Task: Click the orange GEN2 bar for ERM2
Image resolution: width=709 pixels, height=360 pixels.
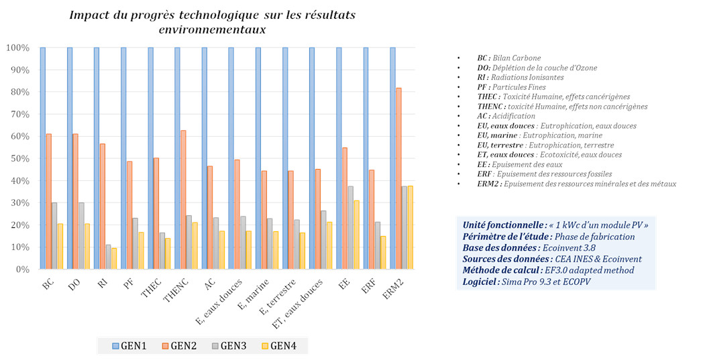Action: point(398,178)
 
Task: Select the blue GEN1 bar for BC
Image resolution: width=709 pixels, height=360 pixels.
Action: point(42,158)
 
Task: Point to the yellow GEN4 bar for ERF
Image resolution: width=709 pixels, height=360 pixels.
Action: point(382,253)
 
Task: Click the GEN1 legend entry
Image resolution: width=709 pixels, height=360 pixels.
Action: point(129,346)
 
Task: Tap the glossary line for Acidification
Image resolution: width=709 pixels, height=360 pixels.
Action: point(510,116)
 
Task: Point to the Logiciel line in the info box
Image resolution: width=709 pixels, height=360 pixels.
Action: point(527,282)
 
